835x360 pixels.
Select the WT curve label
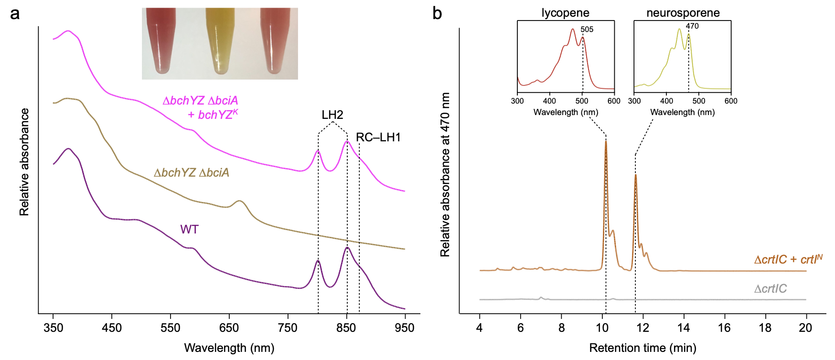[x=189, y=230]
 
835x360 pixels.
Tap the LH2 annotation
[x=332, y=115]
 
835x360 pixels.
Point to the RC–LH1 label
[x=378, y=138]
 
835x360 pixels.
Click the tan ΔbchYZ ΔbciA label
[x=191, y=173]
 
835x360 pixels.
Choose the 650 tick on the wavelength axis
[x=229, y=328]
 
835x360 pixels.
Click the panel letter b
[x=437, y=13]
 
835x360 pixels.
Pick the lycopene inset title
[x=565, y=13]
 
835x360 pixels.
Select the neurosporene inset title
[x=683, y=13]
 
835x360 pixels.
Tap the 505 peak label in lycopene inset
[x=587, y=30]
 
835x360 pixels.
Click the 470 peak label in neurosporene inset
[x=692, y=26]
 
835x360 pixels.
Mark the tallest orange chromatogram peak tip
[x=606, y=141]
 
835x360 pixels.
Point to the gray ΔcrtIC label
[x=770, y=289]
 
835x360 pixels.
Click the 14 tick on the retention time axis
[x=684, y=328]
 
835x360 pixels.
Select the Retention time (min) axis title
[x=642, y=348]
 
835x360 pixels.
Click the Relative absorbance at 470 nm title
[x=445, y=174]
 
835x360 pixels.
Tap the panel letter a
[x=15, y=13]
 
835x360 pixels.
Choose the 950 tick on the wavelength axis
[x=405, y=328]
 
